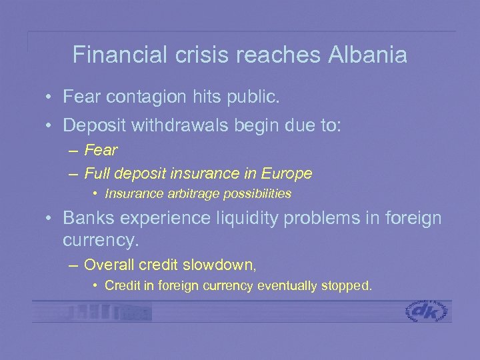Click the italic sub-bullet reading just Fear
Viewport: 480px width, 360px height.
click(101, 150)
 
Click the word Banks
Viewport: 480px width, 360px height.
click(85, 218)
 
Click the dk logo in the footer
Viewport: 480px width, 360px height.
click(427, 311)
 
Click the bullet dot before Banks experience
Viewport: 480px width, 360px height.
click(49, 219)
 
